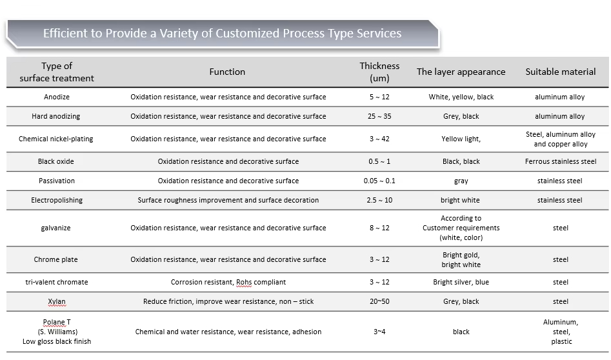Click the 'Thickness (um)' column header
pos(379,72)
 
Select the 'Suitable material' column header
pos(560,72)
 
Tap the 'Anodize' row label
pos(57,97)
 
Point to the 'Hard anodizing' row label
pos(57,116)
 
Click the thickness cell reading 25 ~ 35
pos(379,116)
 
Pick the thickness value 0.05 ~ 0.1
pos(379,181)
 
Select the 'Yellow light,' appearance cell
pos(461,139)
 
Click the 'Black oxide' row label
pos(57,161)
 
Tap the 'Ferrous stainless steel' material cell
pos(560,161)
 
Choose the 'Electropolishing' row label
pos(57,200)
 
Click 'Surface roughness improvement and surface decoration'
pos(228,200)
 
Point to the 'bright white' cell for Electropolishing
pos(460,200)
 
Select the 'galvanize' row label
pos(57,228)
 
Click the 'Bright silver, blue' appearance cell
pos(461,282)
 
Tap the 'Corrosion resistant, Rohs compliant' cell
pos(228,282)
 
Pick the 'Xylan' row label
pos(57,301)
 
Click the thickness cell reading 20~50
pos(379,301)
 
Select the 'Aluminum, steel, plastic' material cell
pos(560,332)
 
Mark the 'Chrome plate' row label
pos(56,259)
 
